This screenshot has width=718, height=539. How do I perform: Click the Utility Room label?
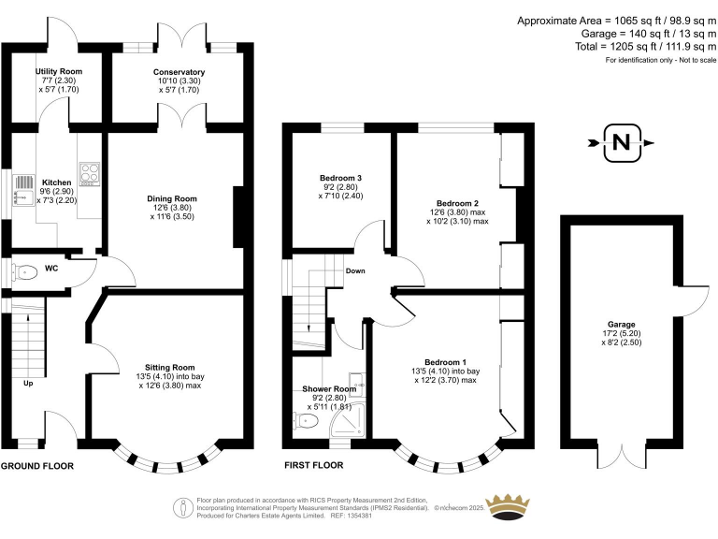coord(59,71)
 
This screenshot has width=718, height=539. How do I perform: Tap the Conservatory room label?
coord(179,72)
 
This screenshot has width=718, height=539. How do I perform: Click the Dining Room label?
coord(171,198)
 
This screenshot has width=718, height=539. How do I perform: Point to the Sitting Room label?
coord(169,367)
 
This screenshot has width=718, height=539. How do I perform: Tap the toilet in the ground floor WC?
coord(26,273)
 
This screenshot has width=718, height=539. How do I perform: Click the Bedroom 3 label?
coord(340,178)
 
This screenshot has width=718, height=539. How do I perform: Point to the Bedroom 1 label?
coord(444,362)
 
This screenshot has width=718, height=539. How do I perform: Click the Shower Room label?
coord(329,389)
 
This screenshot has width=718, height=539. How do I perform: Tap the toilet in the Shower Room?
coord(308,424)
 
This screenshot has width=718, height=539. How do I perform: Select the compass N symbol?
coord(621,143)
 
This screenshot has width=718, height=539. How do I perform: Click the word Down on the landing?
coord(355,271)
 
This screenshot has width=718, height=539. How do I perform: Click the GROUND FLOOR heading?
coord(37,465)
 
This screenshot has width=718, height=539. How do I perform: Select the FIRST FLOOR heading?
coord(313,465)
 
